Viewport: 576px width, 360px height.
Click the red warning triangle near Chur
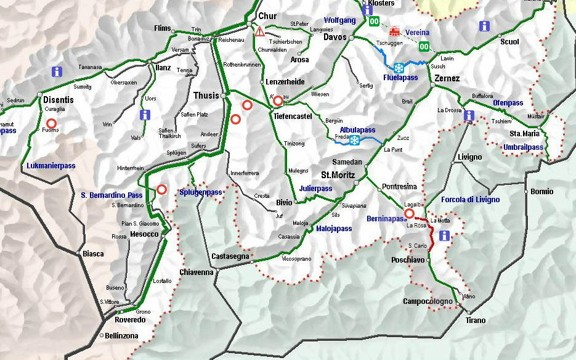259,31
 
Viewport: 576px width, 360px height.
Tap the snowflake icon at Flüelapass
399,68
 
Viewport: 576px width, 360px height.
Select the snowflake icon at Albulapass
355,141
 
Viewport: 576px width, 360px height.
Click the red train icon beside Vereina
394,31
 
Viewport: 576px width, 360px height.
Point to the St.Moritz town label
338,174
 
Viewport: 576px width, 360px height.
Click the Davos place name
335,37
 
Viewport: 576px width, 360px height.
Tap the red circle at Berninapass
409,213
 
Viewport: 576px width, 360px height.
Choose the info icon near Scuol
485,26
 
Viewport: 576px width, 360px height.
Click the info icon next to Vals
145,115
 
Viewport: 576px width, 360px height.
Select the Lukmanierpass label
51,166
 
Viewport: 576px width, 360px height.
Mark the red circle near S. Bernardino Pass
162,189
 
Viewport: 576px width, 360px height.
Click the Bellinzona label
122,336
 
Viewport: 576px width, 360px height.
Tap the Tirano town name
475,321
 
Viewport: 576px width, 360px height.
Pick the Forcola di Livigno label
470,200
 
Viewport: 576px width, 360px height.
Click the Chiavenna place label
197,272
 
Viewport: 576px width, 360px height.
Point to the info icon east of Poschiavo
444,235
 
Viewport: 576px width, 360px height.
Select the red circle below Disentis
51,123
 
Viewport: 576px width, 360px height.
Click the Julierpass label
315,189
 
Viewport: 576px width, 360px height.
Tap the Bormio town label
542,192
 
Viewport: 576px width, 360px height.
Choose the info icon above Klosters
368,9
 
